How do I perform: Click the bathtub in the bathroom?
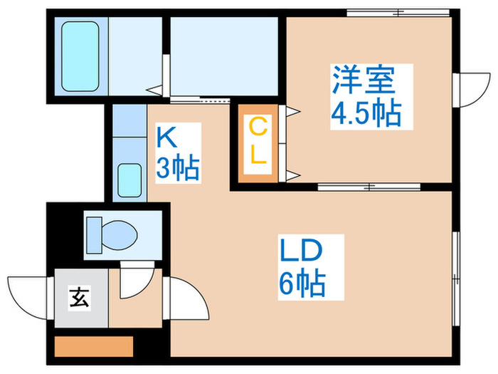80,56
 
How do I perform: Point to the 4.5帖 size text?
364,112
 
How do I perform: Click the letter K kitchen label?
166,135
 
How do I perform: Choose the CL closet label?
258,142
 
